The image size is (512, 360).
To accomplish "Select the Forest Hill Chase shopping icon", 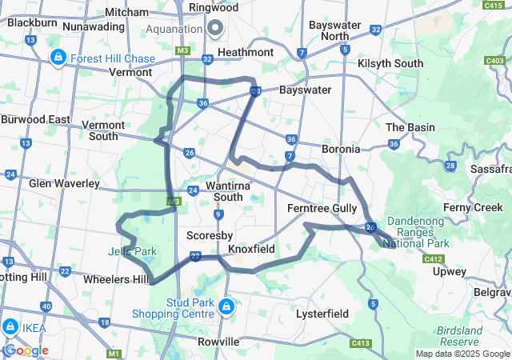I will coord(58,58).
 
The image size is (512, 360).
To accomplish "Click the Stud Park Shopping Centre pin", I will coord(227,306).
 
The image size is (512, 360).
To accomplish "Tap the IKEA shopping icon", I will coord(11,326).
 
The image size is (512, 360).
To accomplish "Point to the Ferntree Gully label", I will coord(322,208).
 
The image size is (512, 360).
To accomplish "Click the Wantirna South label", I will coord(212,191).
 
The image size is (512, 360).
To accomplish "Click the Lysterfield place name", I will coord(322,314).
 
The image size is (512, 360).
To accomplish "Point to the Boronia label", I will coord(340,149).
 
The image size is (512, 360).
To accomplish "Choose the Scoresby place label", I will coord(209,236).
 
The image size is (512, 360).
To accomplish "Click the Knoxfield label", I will coord(251,249).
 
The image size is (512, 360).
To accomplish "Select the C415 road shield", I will coord(493,5).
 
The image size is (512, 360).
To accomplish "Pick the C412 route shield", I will coord(434,259).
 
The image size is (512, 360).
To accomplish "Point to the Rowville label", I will coord(218,342).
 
